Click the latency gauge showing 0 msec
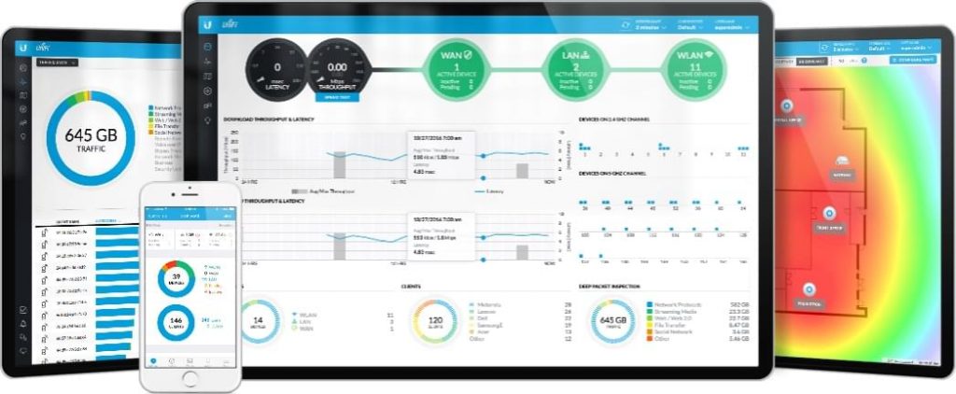click(x=276, y=68)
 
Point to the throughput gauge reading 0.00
click(x=337, y=68)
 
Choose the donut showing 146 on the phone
click(x=175, y=322)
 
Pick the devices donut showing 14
click(x=258, y=321)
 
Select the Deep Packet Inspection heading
click(x=607, y=287)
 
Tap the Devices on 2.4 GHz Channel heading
click(x=614, y=120)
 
